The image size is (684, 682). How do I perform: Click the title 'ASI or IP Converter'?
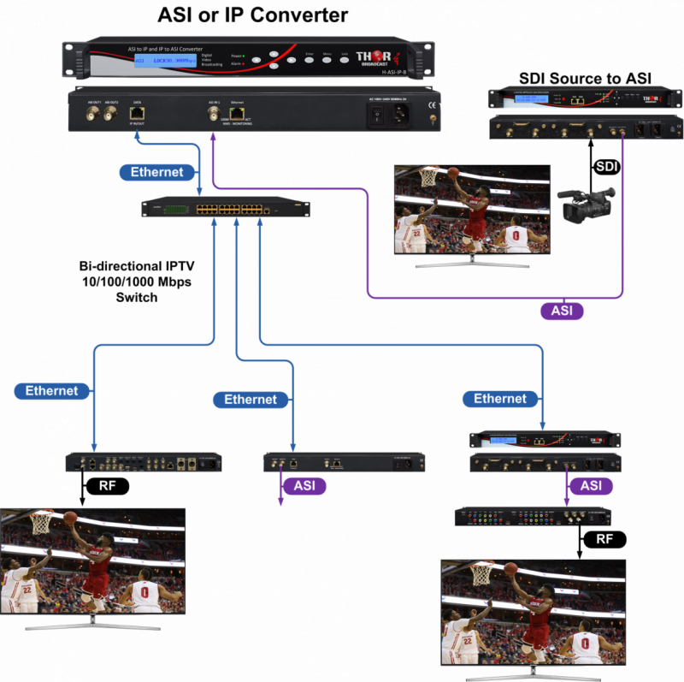pos(252,15)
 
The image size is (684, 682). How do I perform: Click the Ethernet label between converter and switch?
pos(157,172)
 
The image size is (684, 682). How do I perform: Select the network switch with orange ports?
pos(226,208)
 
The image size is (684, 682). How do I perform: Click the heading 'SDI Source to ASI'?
pos(585,79)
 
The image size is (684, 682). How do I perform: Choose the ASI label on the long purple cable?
pos(562,311)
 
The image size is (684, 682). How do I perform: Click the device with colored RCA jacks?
pos(533,517)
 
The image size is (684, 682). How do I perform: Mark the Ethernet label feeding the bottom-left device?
pos(51,391)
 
